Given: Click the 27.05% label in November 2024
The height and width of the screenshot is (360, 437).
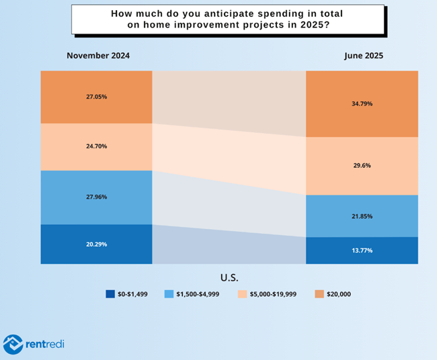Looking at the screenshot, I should (x=96, y=97).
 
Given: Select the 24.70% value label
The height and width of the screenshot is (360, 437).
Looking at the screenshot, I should (x=96, y=146).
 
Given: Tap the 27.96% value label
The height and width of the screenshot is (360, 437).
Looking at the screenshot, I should (x=96, y=197).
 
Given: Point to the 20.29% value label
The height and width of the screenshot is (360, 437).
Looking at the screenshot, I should (x=96, y=244).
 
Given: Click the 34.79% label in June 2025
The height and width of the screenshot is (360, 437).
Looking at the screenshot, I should (x=362, y=104).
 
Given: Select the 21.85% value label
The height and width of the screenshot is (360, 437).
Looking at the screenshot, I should (x=362, y=216).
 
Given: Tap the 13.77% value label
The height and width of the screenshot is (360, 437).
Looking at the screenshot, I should (x=362, y=251).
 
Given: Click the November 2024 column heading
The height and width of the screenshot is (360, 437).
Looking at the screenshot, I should (x=97, y=56).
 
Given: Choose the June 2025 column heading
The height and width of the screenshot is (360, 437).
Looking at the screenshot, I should (x=364, y=56).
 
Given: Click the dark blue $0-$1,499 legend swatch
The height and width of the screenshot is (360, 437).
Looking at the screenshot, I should (x=110, y=294).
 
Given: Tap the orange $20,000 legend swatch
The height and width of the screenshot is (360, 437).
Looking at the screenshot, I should (x=320, y=294).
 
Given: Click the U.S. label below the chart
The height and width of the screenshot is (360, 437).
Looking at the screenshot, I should (x=229, y=277).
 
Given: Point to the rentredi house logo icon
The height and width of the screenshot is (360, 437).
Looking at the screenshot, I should (x=14, y=345).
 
